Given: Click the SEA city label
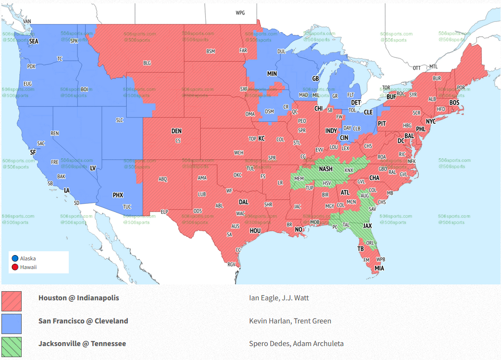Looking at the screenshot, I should coord(34,41).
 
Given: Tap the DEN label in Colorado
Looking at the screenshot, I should coord(176,131).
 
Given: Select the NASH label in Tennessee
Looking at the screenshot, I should coord(326,169).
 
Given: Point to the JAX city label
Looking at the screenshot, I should coord(367,225).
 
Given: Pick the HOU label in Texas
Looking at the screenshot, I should coord(255,231).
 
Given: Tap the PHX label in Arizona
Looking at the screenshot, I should coord(118,195).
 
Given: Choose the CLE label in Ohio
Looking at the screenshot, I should coord(368,112).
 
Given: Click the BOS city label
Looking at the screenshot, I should coord(454,103).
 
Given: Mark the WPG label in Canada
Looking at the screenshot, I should coord(240,13).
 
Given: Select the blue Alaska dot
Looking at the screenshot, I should coord(15,258).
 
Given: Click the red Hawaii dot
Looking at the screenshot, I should coord(15,267).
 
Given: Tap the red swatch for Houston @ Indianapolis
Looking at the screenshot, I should coord(11,300).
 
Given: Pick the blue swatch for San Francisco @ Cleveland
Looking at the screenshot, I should coord(11,323).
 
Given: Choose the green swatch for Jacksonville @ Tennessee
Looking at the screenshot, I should coord(11,347).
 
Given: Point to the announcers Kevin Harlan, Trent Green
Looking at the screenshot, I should coord(290,321).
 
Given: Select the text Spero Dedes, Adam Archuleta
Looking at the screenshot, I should coord(296,344).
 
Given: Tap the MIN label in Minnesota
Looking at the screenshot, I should coord(272,74).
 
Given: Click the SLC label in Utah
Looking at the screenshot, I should coord(120,120).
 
